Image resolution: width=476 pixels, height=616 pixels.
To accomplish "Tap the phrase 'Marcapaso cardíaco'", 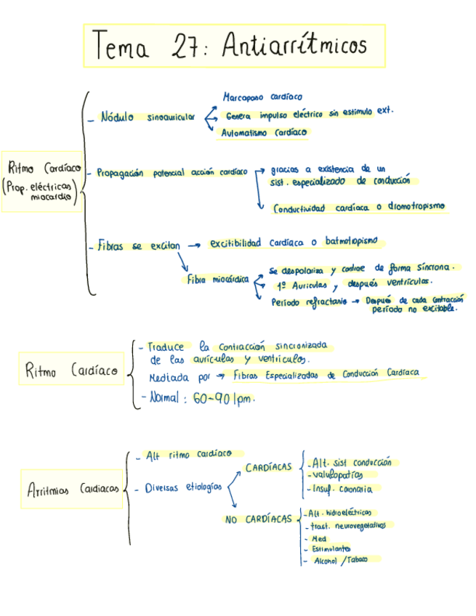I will point(262,97).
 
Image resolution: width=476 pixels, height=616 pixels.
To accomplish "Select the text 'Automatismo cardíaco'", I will point(265,133).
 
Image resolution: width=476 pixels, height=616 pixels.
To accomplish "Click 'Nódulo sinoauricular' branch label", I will point(148,116).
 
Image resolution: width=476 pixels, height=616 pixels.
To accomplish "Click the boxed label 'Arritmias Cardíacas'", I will point(73,490).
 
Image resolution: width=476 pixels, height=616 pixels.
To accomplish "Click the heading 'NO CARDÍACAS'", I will point(258,519).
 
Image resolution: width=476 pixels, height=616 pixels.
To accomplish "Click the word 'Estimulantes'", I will point(331,549).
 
